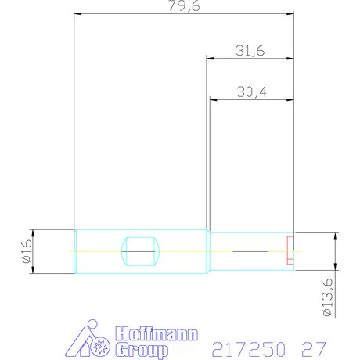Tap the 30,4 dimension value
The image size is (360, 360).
click(x=250, y=92)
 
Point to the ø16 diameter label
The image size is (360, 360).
click(x=25, y=250)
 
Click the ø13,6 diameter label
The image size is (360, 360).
click(x=328, y=297)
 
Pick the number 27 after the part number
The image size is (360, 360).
click(x=311, y=345)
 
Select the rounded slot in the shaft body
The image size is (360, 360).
click(x=140, y=250)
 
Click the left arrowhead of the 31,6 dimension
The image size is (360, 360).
click(x=210, y=57)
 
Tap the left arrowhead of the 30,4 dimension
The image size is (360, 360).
click(x=214, y=99)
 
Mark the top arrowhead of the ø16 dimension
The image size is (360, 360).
click(x=32, y=232)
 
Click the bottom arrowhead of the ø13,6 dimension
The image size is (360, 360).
click(x=336, y=265)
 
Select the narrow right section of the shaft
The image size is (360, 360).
click(x=250, y=250)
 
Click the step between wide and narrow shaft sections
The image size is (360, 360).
click(x=208, y=250)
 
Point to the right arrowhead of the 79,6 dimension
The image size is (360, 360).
click(x=290, y=14)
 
